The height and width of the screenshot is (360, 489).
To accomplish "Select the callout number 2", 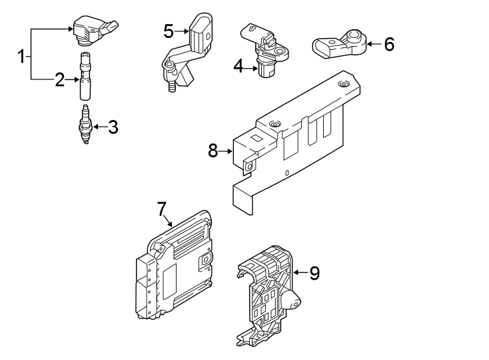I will pos(60,81).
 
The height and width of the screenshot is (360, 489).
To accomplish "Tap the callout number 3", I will pos(113,127).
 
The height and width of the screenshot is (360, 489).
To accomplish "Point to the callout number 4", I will pos(238,66).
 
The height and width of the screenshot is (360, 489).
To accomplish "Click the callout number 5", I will pos(168,31).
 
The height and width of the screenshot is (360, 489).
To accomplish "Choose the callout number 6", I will pos(389,45).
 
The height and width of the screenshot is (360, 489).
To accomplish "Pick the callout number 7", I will pos(162,209).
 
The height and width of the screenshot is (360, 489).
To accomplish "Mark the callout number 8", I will pos(213,151).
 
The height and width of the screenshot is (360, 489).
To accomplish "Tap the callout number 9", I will pos(314,272).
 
